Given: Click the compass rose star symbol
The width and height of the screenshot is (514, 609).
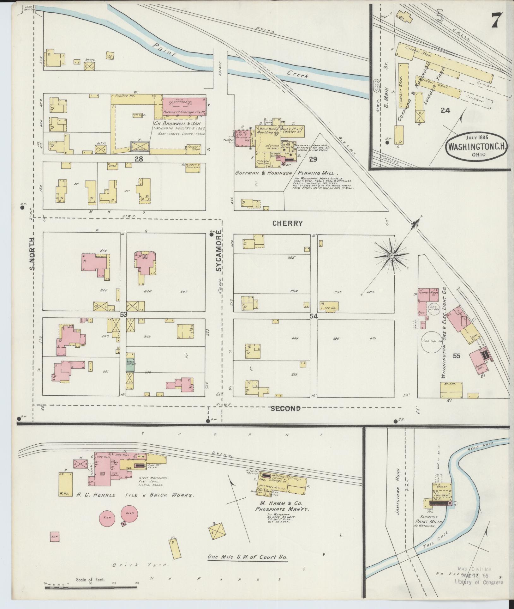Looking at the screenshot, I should click(x=392, y=255).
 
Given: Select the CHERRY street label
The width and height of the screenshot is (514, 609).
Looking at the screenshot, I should click(x=287, y=223).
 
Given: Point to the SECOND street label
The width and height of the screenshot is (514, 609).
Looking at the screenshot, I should click(x=286, y=408).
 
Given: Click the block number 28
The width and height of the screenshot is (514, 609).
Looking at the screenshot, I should click(x=139, y=159).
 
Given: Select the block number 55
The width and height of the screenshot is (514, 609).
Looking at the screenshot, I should click(x=457, y=356).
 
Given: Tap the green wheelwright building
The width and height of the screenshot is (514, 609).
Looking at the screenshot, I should click(x=131, y=362).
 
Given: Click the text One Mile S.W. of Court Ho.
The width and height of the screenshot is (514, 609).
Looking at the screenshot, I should click(x=248, y=557).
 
